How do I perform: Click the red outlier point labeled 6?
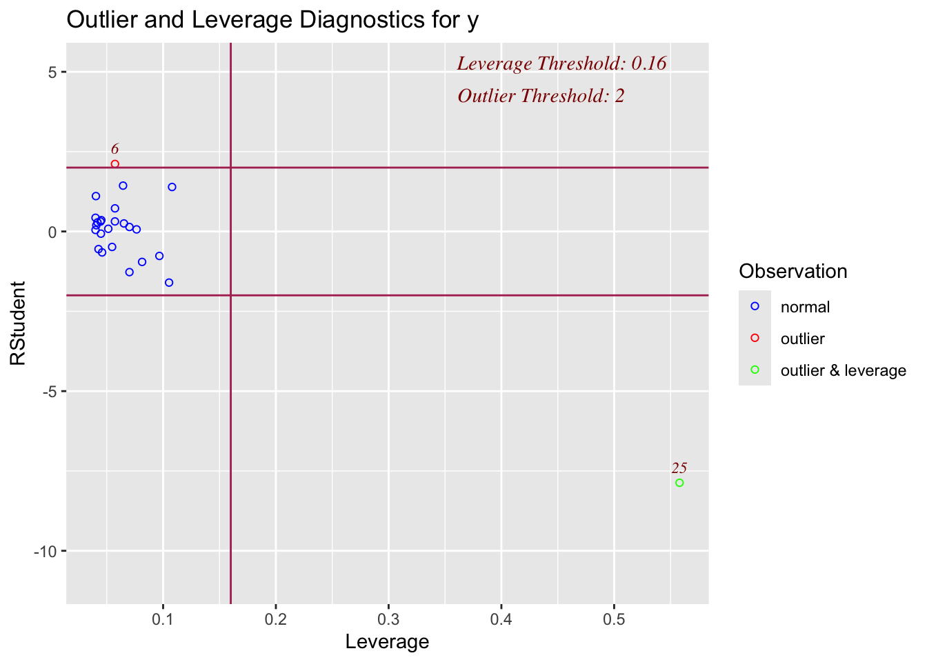coord(115,164)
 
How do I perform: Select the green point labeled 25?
coord(679,483)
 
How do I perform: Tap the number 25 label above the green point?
coord(679,468)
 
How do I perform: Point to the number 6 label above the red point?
coord(115,149)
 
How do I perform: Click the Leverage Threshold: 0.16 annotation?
coord(561,63)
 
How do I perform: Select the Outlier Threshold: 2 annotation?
coord(541,96)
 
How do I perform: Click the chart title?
coord(272,21)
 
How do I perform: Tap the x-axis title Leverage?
coord(387,642)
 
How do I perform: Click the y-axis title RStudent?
coord(18,323)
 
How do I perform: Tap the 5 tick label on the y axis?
coord(52,72)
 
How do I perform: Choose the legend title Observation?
coord(793,272)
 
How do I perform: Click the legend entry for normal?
coord(805,308)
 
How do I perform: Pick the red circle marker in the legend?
coord(755,338)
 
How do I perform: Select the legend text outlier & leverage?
coord(843,371)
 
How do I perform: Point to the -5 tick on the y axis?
coord(50,392)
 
